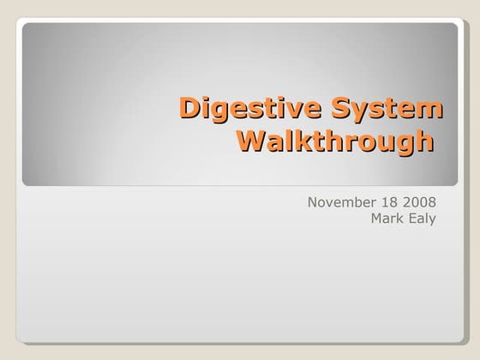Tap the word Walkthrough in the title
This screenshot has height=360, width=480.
tap(333, 140)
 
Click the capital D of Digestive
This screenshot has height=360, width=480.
tap(190, 109)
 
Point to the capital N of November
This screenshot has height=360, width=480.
tap(312, 202)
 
